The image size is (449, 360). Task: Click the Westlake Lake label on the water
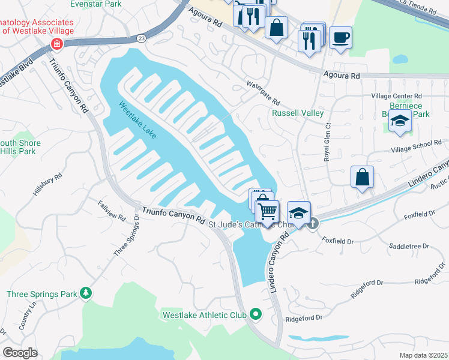coord(137,120)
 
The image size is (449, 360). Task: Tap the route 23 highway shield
coord(140,37)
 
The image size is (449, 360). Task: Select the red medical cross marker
coord(56,44)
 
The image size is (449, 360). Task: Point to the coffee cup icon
coord(340,37)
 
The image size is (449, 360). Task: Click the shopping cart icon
coord(267,211)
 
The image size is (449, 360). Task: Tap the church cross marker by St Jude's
coord(313,223)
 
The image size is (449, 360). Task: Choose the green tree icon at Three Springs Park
coord(87,293)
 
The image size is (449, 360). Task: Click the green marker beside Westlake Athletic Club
coord(256,314)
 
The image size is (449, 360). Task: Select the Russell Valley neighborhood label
coord(298,113)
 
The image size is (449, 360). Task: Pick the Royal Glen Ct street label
coord(328,142)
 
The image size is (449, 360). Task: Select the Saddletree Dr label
coord(409,246)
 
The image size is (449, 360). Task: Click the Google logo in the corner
coord(20,353)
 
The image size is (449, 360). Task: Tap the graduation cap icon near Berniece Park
coord(399,121)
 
